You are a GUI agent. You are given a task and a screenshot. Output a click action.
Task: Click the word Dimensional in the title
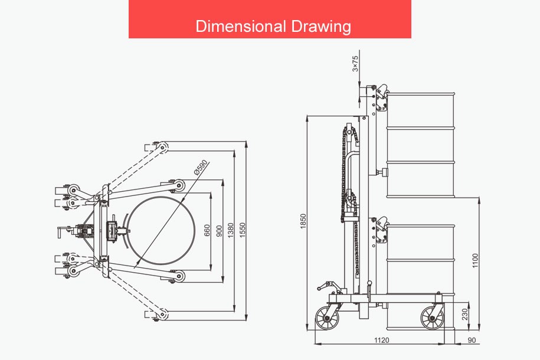241,26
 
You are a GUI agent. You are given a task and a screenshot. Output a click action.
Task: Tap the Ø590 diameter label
200,167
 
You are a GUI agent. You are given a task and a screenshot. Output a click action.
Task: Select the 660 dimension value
207,231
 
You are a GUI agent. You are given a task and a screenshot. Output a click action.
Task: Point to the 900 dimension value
219,231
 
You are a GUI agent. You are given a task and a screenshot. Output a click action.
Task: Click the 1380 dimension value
231,230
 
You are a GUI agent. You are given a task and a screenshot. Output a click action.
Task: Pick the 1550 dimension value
243,230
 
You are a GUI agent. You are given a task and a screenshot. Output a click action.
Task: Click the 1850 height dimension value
303,221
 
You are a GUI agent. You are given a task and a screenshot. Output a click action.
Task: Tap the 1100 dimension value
475,261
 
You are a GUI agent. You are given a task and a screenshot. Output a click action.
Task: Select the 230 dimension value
465,314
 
